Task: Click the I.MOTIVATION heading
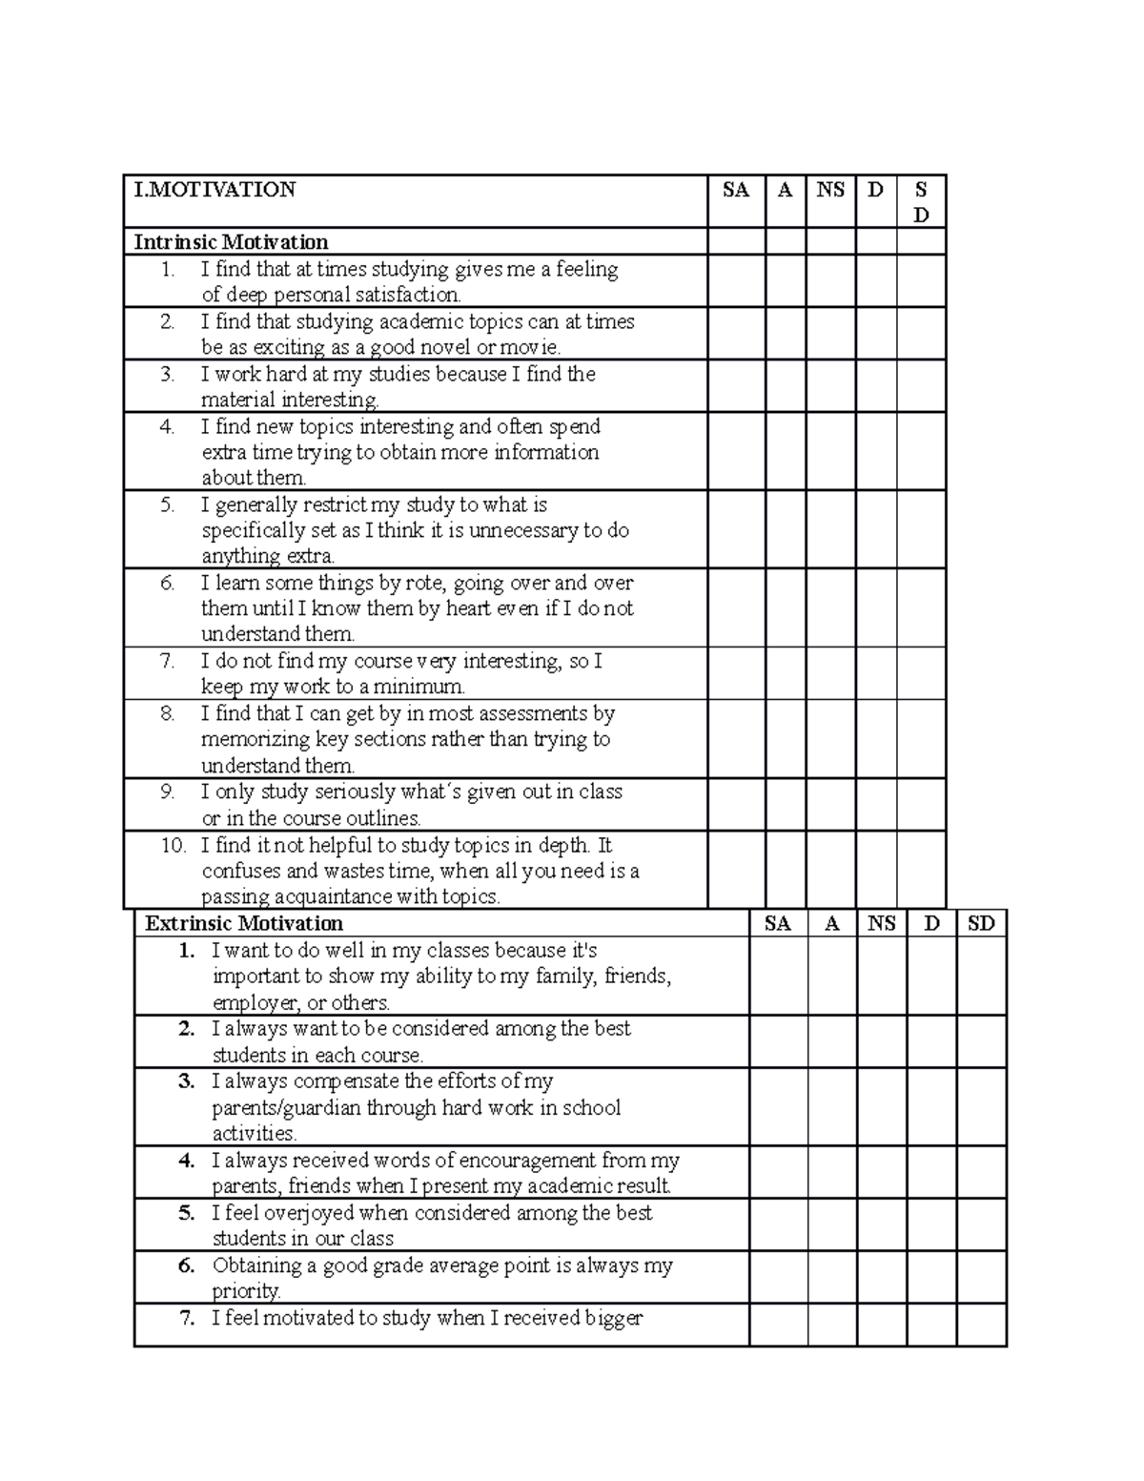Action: coord(215,190)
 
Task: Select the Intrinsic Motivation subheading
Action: coord(231,242)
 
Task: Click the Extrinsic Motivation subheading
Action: coord(244,923)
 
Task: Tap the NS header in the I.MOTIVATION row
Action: coord(830,190)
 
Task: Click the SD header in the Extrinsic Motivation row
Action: coord(981,923)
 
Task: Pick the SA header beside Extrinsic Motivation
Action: coord(778,923)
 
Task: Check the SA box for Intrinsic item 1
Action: coord(736,281)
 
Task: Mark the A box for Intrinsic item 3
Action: coord(786,386)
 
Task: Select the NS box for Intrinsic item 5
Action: coord(830,530)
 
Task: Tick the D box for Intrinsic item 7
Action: coord(876,674)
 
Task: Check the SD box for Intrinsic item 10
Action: coord(921,870)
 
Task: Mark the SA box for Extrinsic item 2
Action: coord(778,1041)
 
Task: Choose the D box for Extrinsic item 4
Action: coord(931,1173)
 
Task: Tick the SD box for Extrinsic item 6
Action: coord(981,1278)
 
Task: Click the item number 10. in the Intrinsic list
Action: coord(173,845)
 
